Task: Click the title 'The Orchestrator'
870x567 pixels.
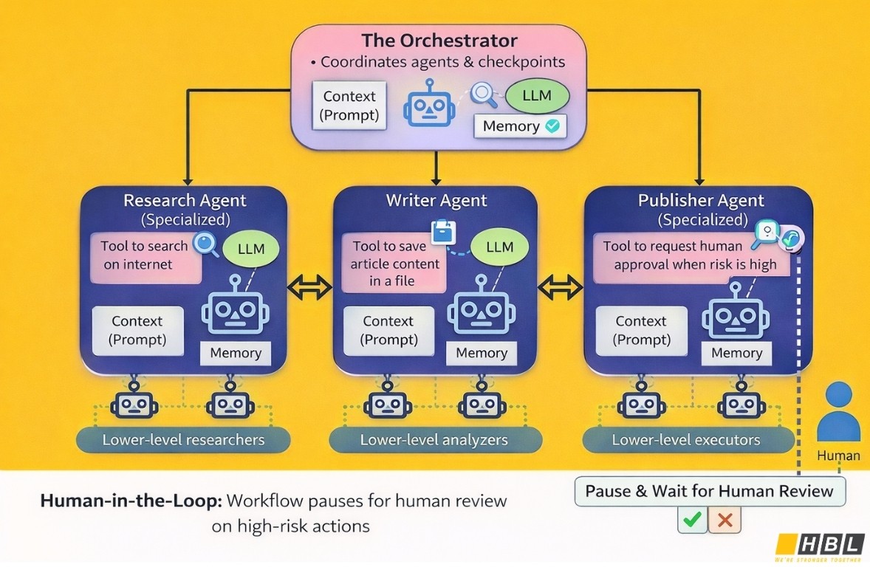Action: click(439, 40)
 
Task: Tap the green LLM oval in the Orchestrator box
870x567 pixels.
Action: click(538, 97)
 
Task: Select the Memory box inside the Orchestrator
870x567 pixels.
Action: click(520, 126)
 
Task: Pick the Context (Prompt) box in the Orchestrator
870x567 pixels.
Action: click(349, 106)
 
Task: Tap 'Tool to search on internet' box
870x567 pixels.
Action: click(145, 256)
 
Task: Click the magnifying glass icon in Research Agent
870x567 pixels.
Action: click(205, 244)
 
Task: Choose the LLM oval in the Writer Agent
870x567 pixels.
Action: click(499, 247)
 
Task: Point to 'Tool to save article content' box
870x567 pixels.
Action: click(394, 264)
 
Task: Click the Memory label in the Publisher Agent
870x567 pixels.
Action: click(736, 353)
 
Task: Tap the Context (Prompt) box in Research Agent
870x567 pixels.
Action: click(137, 331)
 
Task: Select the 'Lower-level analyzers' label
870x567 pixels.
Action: click(434, 441)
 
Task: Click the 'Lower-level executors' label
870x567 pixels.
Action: click(686, 441)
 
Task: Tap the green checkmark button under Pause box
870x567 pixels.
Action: click(692, 520)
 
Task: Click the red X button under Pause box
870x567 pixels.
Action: click(725, 520)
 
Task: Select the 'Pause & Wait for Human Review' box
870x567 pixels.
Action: click(709, 491)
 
